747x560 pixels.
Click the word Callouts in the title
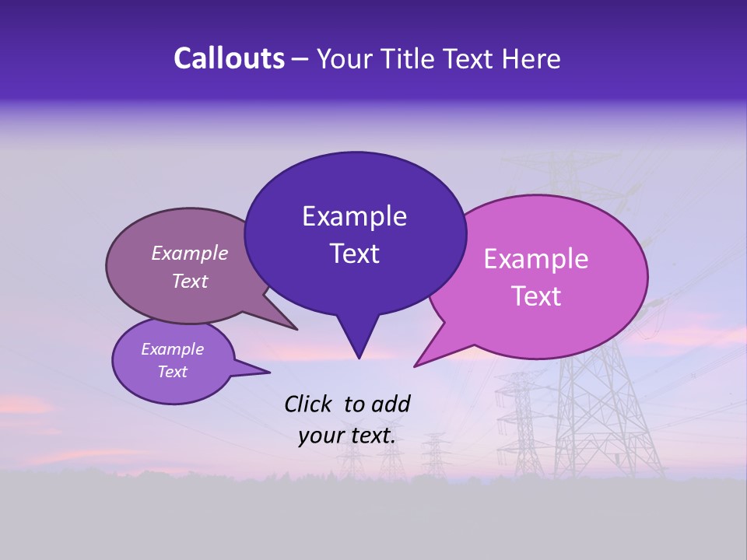229,58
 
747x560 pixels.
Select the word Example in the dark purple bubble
354,216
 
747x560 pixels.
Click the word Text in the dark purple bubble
354,254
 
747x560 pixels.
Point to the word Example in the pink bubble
536,259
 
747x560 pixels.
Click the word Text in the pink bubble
536,296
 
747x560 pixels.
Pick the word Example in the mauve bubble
190,254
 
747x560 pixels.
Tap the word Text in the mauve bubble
190,282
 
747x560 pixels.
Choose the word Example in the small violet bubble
173,349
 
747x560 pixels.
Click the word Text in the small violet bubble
173,372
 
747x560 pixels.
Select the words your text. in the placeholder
347,436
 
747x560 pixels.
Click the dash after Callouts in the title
301,59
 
